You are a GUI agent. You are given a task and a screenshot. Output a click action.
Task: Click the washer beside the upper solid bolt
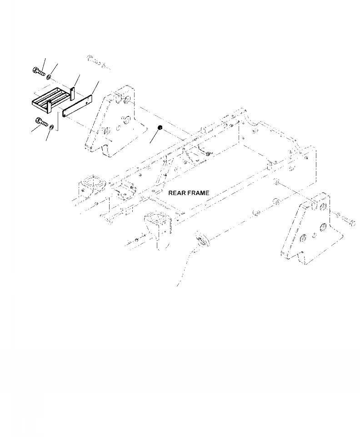[x=48, y=72]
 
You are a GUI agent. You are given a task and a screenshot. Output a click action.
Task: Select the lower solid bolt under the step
[x=41, y=122]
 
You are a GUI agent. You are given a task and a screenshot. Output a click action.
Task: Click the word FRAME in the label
[x=199, y=193]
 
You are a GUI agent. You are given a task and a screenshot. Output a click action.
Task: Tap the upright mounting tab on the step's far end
[x=72, y=94]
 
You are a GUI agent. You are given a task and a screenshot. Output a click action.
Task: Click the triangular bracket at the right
[x=309, y=232]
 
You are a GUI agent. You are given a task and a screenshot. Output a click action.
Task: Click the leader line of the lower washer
[x=48, y=135]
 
